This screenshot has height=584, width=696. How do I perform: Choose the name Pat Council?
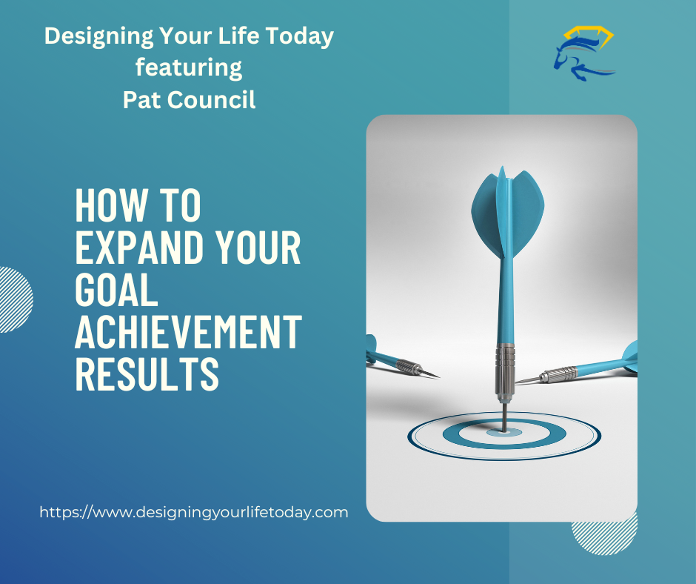[189, 99]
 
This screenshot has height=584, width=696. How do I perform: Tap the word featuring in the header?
[189, 67]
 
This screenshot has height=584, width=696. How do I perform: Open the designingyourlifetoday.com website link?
[193, 512]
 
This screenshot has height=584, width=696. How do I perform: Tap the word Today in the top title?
[301, 36]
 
